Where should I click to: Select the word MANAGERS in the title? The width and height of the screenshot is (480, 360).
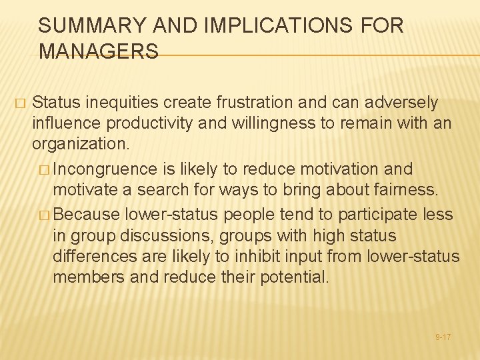(99, 51)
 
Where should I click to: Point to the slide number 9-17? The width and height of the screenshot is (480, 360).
(443, 337)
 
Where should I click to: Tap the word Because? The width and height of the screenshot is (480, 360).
(85, 214)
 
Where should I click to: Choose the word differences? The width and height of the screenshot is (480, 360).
(93, 256)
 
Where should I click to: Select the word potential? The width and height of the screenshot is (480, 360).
(293, 277)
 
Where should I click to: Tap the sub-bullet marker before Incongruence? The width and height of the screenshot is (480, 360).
(44, 169)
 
